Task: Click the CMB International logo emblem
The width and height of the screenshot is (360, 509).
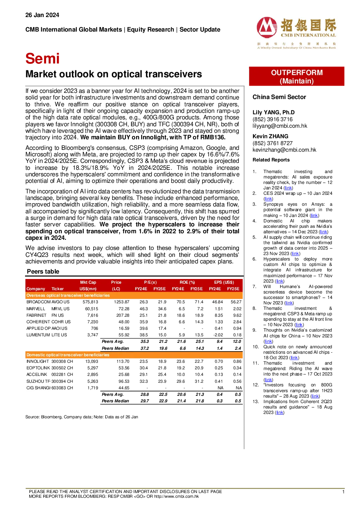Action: [x=267, y=27]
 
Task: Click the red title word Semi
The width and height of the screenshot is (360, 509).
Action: [x=42, y=58]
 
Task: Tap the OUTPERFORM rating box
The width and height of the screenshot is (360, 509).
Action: [x=296, y=76]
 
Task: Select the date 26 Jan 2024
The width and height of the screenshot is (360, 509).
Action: [x=42, y=15]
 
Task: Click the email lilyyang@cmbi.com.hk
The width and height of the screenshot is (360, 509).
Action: [x=280, y=126]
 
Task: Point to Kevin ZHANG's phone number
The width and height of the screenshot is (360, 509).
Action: [x=273, y=143]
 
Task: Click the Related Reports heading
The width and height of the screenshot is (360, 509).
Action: [x=271, y=160]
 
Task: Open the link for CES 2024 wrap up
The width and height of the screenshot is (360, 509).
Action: [x=268, y=199]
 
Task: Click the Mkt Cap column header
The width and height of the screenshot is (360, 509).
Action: [x=88, y=286]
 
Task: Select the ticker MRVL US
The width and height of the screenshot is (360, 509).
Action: [x=61, y=309]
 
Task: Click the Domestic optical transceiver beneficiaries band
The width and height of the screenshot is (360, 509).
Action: [x=134, y=355]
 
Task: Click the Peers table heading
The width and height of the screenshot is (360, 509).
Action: [x=43, y=271]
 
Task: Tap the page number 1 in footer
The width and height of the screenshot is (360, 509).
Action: [x=343, y=492]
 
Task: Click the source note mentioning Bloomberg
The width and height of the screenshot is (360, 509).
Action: [x=82, y=417]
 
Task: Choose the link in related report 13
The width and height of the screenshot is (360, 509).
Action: [x=280, y=412]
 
